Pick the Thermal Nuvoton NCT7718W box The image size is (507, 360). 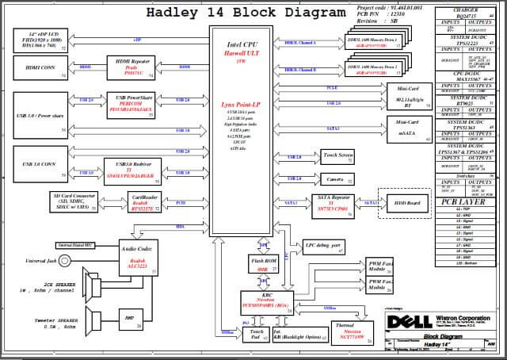[349, 331]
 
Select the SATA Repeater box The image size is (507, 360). [334, 203]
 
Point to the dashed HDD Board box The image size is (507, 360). [403, 203]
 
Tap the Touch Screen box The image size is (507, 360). [338, 157]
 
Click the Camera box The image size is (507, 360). [338, 180]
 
